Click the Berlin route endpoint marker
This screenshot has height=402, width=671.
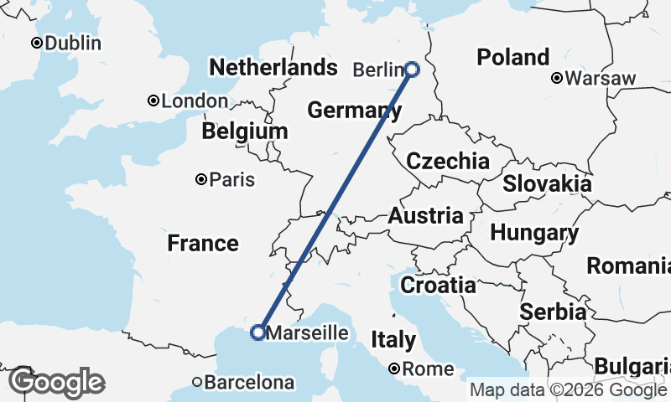point(412,70)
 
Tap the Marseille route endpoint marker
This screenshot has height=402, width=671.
point(258,332)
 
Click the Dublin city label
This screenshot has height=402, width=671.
point(73,44)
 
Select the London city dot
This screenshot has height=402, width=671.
point(153,100)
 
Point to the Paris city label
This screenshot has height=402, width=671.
point(232,179)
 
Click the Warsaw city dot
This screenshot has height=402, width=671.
point(557,79)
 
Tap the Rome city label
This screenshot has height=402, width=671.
point(428,368)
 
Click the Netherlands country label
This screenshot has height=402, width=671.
point(268,67)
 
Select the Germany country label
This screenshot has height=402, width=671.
point(353,110)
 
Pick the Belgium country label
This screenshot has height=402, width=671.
point(244,131)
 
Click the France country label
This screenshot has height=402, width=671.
point(202,244)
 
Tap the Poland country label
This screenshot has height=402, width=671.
point(512,58)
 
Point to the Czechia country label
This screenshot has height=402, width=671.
point(448,162)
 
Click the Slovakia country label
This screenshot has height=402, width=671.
point(547,183)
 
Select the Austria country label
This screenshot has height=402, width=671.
point(425,216)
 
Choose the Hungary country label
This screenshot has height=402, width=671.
point(530,233)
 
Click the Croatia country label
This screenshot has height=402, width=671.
point(438,285)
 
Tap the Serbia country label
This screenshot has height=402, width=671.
point(553,312)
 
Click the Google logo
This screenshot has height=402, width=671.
point(56,383)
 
